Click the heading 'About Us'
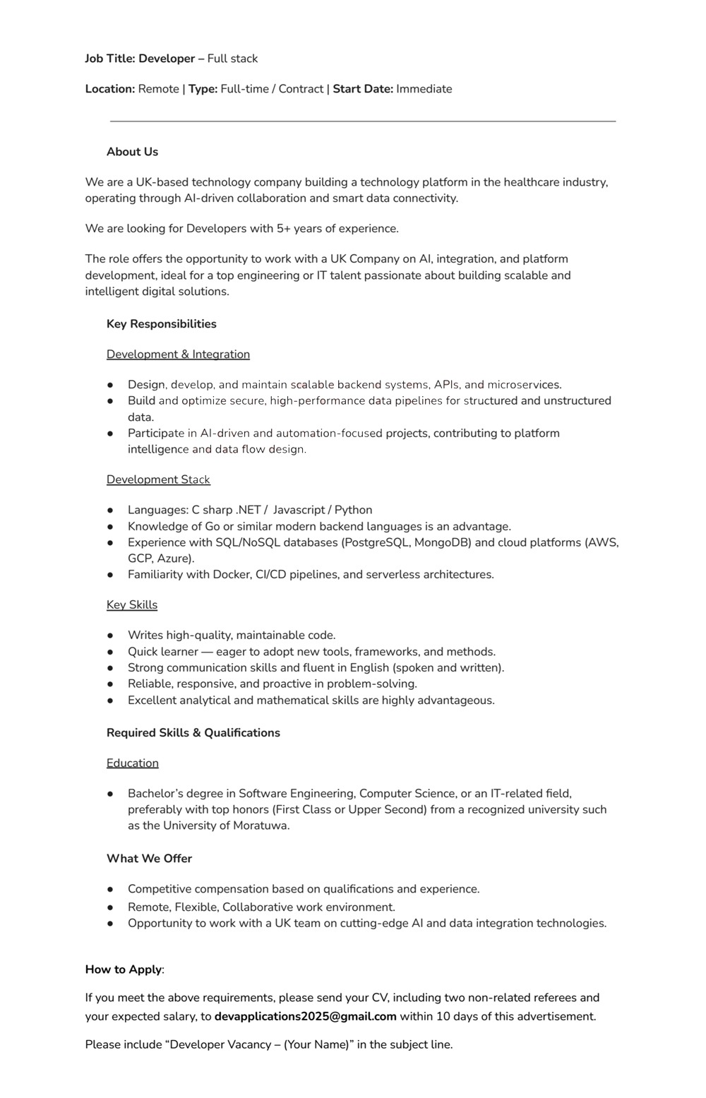(132, 152)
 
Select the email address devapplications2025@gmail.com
(305, 1017)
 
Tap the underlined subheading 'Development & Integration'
(178, 354)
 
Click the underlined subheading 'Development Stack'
(158, 479)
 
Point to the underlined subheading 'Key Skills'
(132, 605)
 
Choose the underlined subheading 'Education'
(133, 763)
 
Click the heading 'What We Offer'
(149, 859)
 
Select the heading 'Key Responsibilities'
(162, 324)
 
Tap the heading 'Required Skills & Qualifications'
(193, 733)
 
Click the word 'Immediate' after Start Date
(424, 89)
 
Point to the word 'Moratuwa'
(261, 826)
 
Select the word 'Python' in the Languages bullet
(353, 510)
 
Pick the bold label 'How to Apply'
(124, 969)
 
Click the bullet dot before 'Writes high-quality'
(111, 635)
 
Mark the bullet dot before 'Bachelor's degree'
(111, 794)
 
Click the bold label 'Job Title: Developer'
(140, 59)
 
